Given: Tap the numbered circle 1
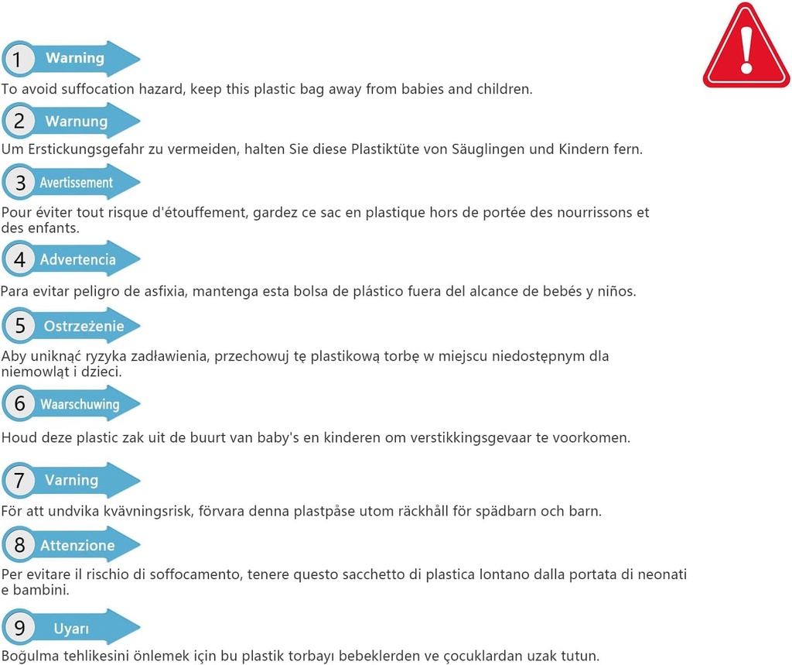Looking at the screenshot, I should click(x=19, y=59).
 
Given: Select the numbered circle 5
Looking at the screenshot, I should click(x=19, y=327).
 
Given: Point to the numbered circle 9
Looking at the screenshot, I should click(x=19, y=628).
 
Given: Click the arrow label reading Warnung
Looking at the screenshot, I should click(x=77, y=122).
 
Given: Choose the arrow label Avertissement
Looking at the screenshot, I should click(x=77, y=183).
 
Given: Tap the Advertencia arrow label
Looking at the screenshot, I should click(x=77, y=259).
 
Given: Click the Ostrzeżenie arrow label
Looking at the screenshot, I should click(x=84, y=326).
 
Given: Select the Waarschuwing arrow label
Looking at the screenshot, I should click(x=80, y=404).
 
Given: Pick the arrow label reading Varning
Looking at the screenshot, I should click(x=72, y=480).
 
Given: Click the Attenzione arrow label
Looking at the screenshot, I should click(x=77, y=546).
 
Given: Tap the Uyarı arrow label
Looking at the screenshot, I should click(x=72, y=629).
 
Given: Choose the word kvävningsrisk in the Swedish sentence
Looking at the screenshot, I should click(x=165, y=512).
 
